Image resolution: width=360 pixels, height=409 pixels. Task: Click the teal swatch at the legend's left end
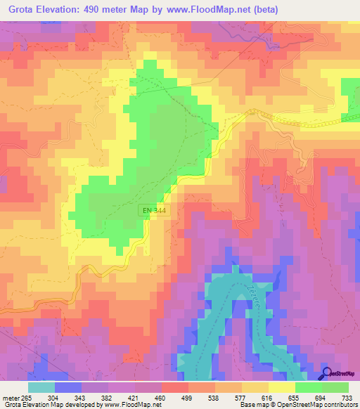(x=41, y=387)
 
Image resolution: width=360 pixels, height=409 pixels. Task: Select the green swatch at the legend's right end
(x=335, y=387)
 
